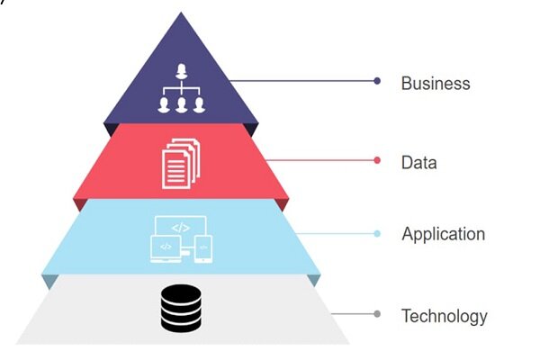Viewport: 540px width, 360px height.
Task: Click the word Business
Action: coord(436,83)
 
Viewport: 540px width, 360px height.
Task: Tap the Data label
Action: coord(418,163)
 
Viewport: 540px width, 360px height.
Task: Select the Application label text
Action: coord(443,234)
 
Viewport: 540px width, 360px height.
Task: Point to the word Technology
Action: coord(444,316)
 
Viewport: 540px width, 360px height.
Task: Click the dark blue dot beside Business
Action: coord(377,81)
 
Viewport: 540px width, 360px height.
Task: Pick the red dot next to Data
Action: coord(377,161)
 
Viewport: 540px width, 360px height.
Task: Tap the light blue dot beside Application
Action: coord(377,234)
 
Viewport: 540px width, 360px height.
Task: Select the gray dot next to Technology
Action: coord(377,315)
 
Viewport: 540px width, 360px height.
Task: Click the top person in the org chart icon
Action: coord(183,70)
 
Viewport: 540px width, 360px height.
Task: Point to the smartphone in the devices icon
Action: coord(203,244)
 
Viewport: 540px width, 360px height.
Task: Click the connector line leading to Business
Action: coord(306,81)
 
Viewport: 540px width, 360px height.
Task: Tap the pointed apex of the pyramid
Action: coord(182,17)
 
